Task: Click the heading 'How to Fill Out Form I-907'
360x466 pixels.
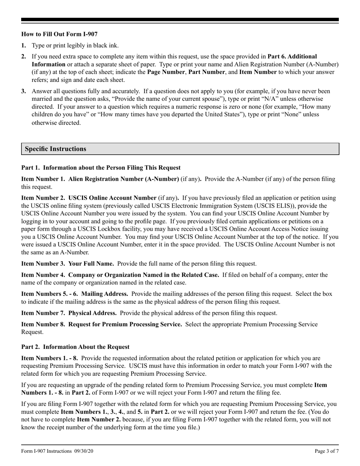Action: tap(59, 34)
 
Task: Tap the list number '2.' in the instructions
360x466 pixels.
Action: tap(24, 56)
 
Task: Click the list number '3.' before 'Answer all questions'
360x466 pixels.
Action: tap(24, 91)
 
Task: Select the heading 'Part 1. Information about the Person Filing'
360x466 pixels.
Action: tap(101, 167)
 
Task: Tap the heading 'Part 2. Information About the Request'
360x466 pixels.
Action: tap(75, 347)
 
